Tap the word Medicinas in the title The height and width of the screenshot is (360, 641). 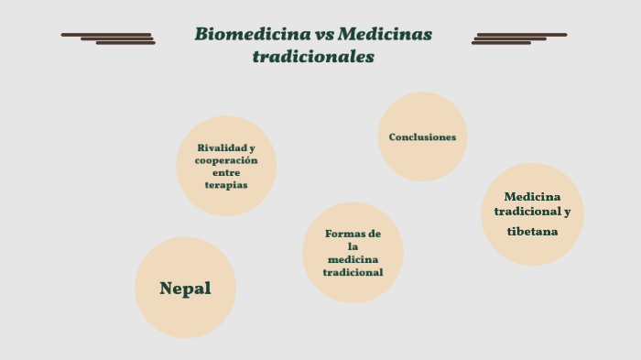[385, 35]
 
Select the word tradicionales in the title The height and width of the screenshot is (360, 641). [313, 57]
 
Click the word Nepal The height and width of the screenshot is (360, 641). [185, 289]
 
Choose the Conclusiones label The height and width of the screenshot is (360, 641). [422, 137]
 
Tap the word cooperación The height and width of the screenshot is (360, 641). [226, 160]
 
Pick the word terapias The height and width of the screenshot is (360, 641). [226, 185]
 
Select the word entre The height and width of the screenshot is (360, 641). [226, 172]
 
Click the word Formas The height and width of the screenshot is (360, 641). [345, 234]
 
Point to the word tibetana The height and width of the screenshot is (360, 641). [532, 231]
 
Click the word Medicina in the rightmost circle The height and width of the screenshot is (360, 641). [532, 196]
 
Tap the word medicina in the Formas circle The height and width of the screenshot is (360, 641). [353, 259]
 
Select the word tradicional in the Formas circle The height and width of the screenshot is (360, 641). [353, 272]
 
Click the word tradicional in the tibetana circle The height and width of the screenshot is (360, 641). [527, 212]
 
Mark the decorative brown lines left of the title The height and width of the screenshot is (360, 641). [108, 38]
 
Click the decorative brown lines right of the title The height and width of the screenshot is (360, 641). [519, 38]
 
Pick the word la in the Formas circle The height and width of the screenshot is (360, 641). [353, 246]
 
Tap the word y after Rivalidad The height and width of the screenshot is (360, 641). [252, 147]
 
